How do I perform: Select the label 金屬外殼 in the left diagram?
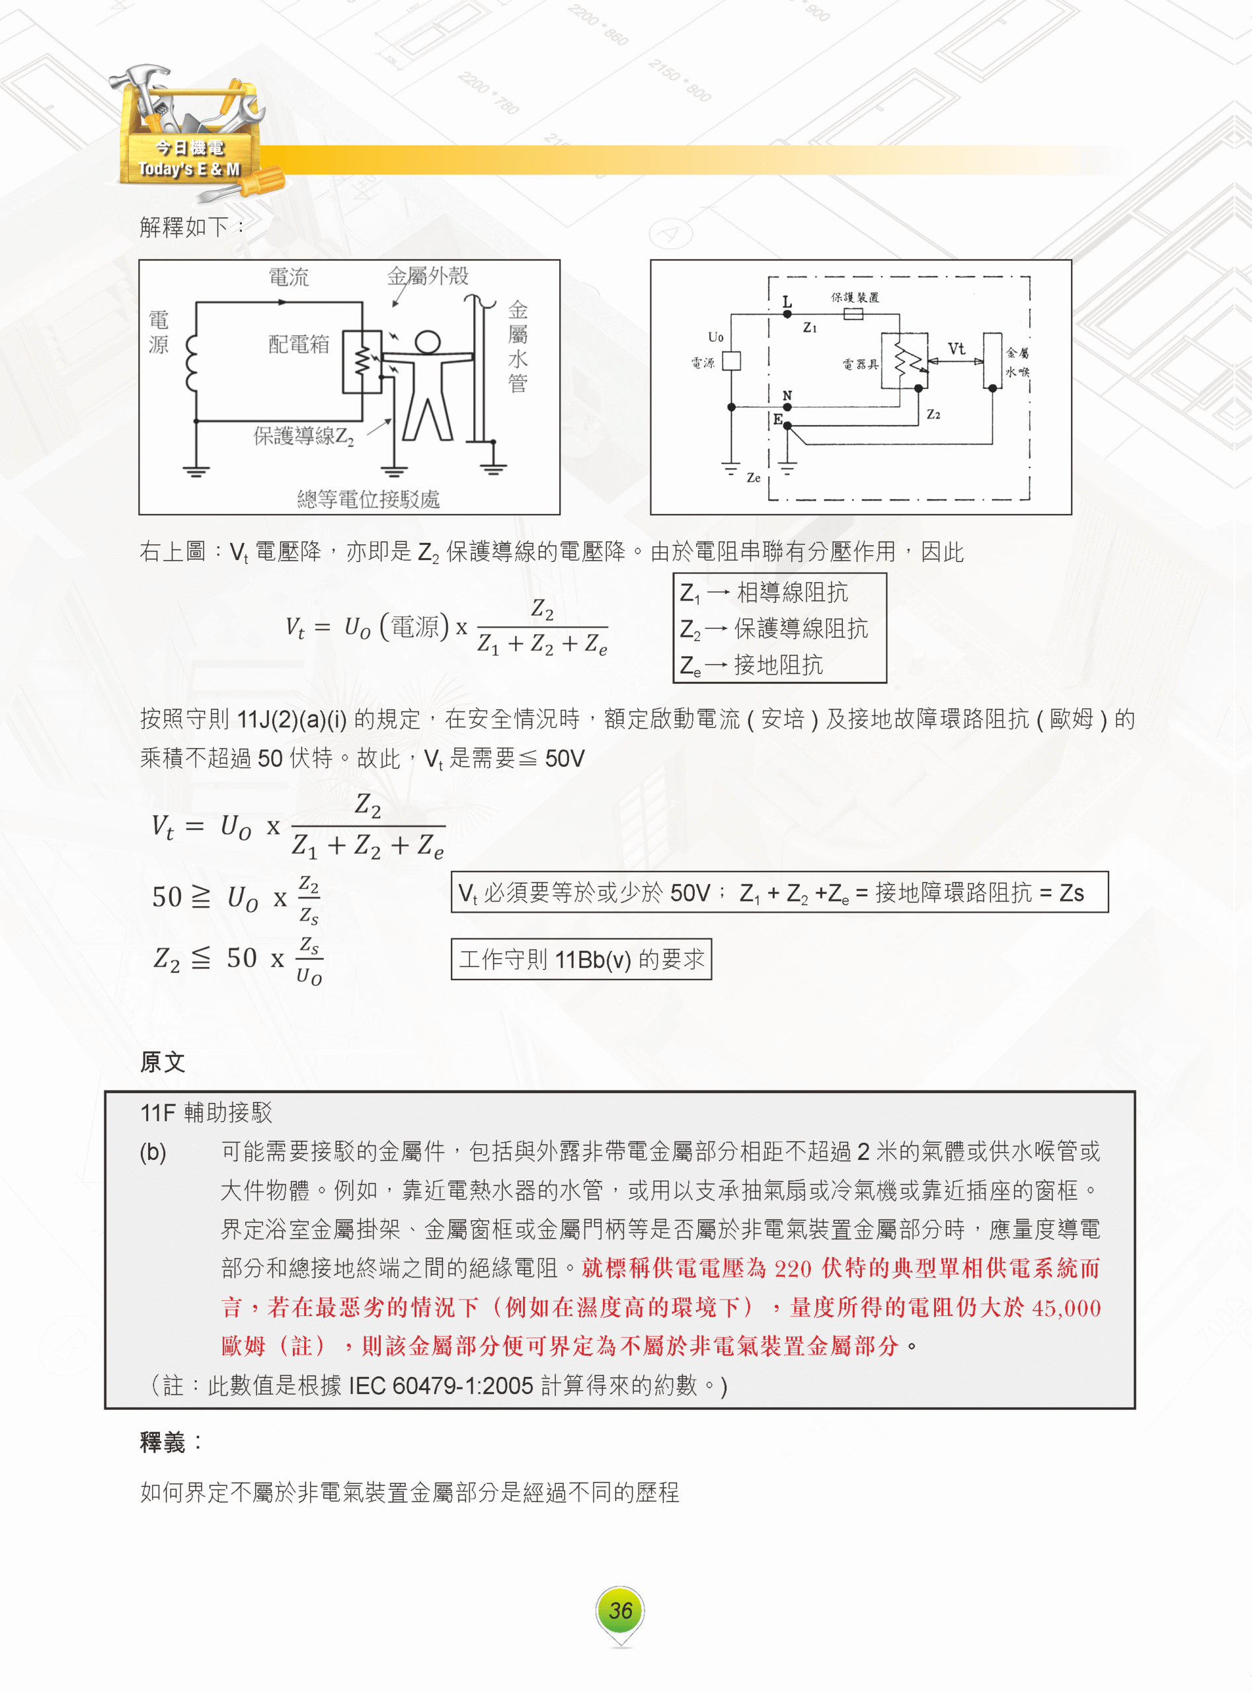tap(428, 275)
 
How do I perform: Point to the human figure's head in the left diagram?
tap(428, 341)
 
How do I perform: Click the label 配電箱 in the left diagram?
tap(299, 344)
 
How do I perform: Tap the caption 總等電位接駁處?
tap(368, 498)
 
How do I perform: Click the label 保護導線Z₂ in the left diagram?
tap(303, 436)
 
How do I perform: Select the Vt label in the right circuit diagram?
tap(957, 348)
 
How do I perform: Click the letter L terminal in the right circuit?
tap(787, 302)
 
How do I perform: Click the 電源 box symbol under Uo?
tap(730, 361)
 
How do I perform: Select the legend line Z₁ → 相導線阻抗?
tap(764, 592)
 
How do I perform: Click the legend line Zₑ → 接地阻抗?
tap(751, 665)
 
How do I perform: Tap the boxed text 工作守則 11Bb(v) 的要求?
tap(581, 959)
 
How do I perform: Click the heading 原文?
tap(162, 1061)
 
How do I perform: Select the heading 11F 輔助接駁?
tap(206, 1112)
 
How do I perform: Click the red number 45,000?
tap(1066, 1307)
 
